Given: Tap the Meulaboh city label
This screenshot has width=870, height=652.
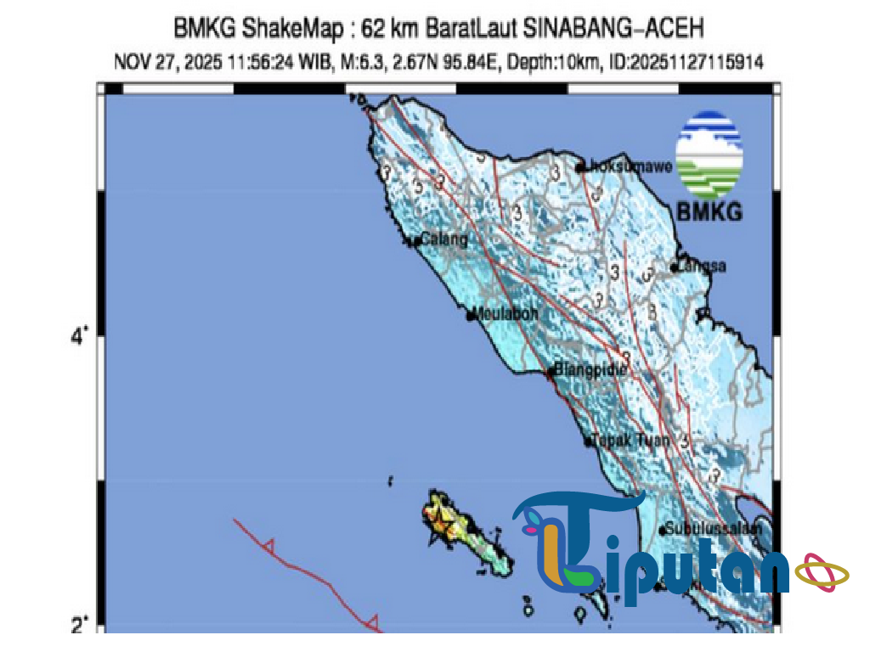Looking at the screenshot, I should click(506, 312).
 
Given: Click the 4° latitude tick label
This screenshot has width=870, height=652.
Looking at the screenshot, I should click(79, 337).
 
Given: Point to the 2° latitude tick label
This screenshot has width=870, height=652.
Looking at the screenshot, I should click(79, 626).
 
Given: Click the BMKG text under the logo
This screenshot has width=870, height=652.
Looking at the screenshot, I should click(709, 211).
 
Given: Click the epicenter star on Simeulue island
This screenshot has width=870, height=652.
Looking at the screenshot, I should click(439, 514).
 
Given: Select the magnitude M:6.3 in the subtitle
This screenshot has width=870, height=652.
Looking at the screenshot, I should click(346, 62).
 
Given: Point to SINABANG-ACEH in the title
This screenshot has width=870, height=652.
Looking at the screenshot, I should click(613, 30).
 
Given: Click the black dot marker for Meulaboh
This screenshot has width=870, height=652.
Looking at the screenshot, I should click(471, 316).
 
